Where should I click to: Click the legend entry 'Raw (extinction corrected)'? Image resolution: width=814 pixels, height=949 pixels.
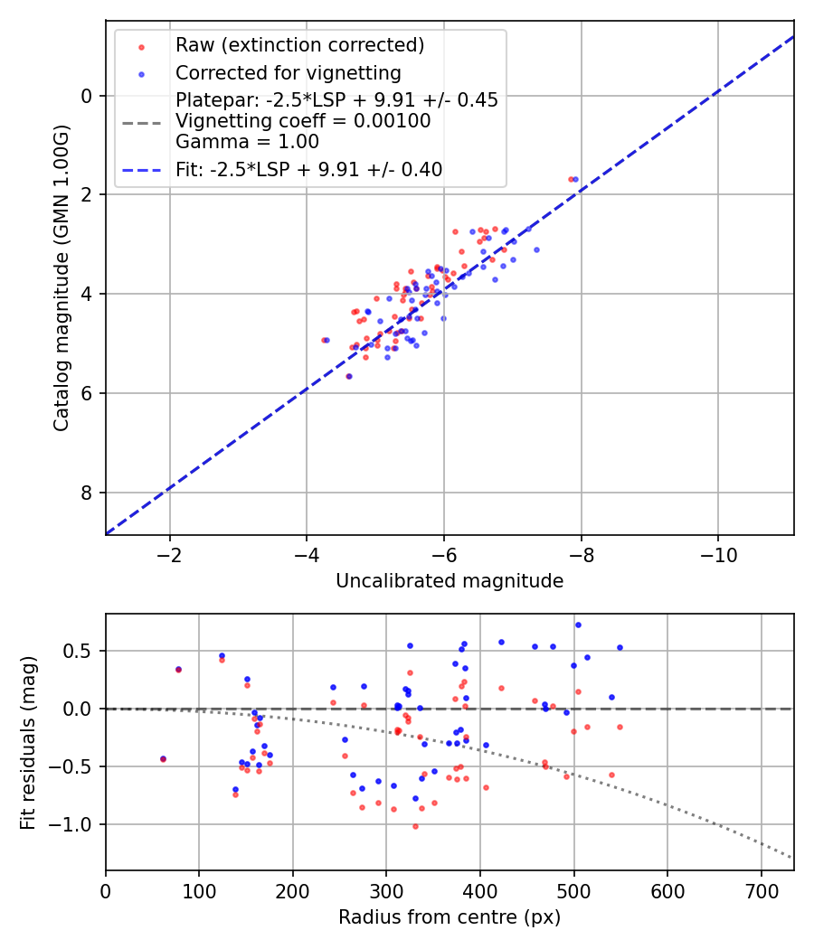click(x=299, y=45)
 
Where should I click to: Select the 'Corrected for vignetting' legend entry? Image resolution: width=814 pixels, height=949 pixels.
click(x=289, y=72)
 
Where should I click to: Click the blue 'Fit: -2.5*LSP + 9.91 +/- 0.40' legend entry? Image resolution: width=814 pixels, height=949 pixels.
click(x=309, y=169)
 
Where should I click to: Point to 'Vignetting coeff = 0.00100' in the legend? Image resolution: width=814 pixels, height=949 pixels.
click(x=303, y=121)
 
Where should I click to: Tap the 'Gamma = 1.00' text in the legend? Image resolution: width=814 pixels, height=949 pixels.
click(x=247, y=142)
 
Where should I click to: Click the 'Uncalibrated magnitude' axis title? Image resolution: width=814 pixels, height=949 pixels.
click(x=450, y=581)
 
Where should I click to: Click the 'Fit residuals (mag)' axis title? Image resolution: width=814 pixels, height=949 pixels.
click(x=29, y=742)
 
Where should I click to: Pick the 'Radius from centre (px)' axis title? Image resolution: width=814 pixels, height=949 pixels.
click(x=450, y=917)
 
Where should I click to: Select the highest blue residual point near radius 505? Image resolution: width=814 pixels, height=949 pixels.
click(x=578, y=625)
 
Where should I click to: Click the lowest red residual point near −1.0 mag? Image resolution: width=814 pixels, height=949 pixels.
click(x=415, y=826)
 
